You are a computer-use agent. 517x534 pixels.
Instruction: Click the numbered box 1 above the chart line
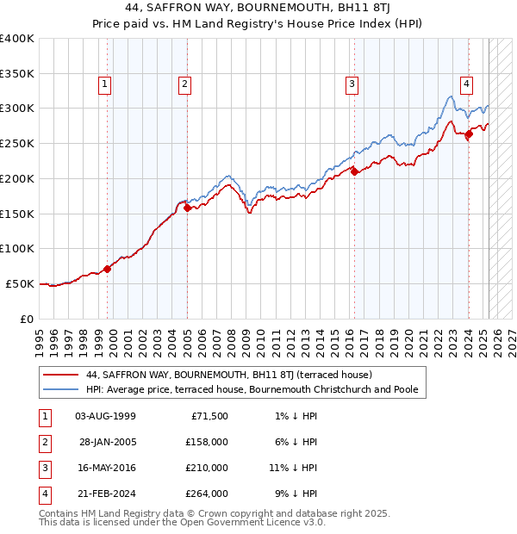pos(104,84)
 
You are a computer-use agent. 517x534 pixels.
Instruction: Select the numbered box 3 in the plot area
pos(352,84)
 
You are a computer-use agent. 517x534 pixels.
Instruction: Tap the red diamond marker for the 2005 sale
pos(187,207)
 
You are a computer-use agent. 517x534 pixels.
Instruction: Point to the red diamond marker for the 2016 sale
pos(354,171)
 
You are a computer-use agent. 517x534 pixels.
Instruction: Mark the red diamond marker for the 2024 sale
pos(469,133)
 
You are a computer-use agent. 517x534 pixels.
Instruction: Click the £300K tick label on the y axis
pos(17,109)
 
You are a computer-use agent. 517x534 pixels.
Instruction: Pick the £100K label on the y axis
pos(17,248)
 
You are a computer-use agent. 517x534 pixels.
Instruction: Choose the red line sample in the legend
pos(61,376)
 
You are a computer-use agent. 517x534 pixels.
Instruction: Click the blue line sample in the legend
pos(61,389)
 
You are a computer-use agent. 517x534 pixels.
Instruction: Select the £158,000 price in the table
pos(208,442)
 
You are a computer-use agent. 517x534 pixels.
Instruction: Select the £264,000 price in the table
pos(208,494)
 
